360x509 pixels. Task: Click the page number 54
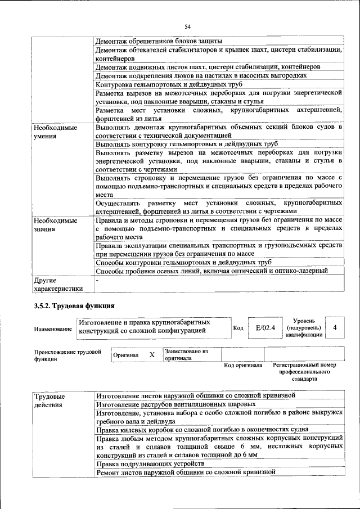(187, 26)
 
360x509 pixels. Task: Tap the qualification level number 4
(335, 327)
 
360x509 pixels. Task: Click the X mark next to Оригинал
(151, 355)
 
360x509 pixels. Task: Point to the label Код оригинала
(243, 365)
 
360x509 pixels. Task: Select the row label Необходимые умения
(55, 132)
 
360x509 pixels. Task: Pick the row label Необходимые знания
(55, 225)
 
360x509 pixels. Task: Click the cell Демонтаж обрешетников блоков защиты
(159, 41)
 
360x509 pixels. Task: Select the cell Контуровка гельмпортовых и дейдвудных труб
(169, 84)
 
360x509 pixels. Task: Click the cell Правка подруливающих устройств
(150, 464)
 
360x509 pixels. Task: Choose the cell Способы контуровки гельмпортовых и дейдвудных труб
(183, 262)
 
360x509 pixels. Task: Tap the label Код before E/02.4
(237, 328)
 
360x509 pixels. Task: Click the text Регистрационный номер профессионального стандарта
(304, 372)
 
